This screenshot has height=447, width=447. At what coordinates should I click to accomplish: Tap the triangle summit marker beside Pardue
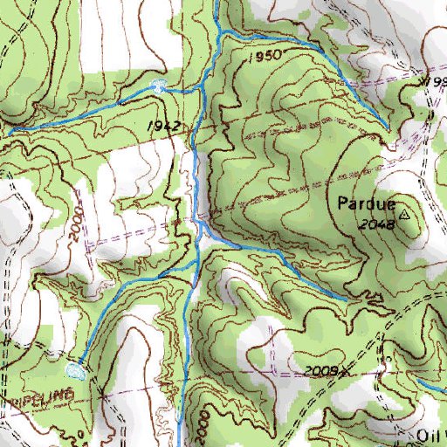pos(404,212)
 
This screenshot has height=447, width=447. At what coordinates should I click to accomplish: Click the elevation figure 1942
pos(163,127)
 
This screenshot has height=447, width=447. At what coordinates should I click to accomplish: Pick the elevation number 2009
pos(321,371)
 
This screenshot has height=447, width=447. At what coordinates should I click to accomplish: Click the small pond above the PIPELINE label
pos(76,370)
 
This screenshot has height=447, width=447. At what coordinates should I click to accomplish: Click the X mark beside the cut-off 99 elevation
pos(421,80)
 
